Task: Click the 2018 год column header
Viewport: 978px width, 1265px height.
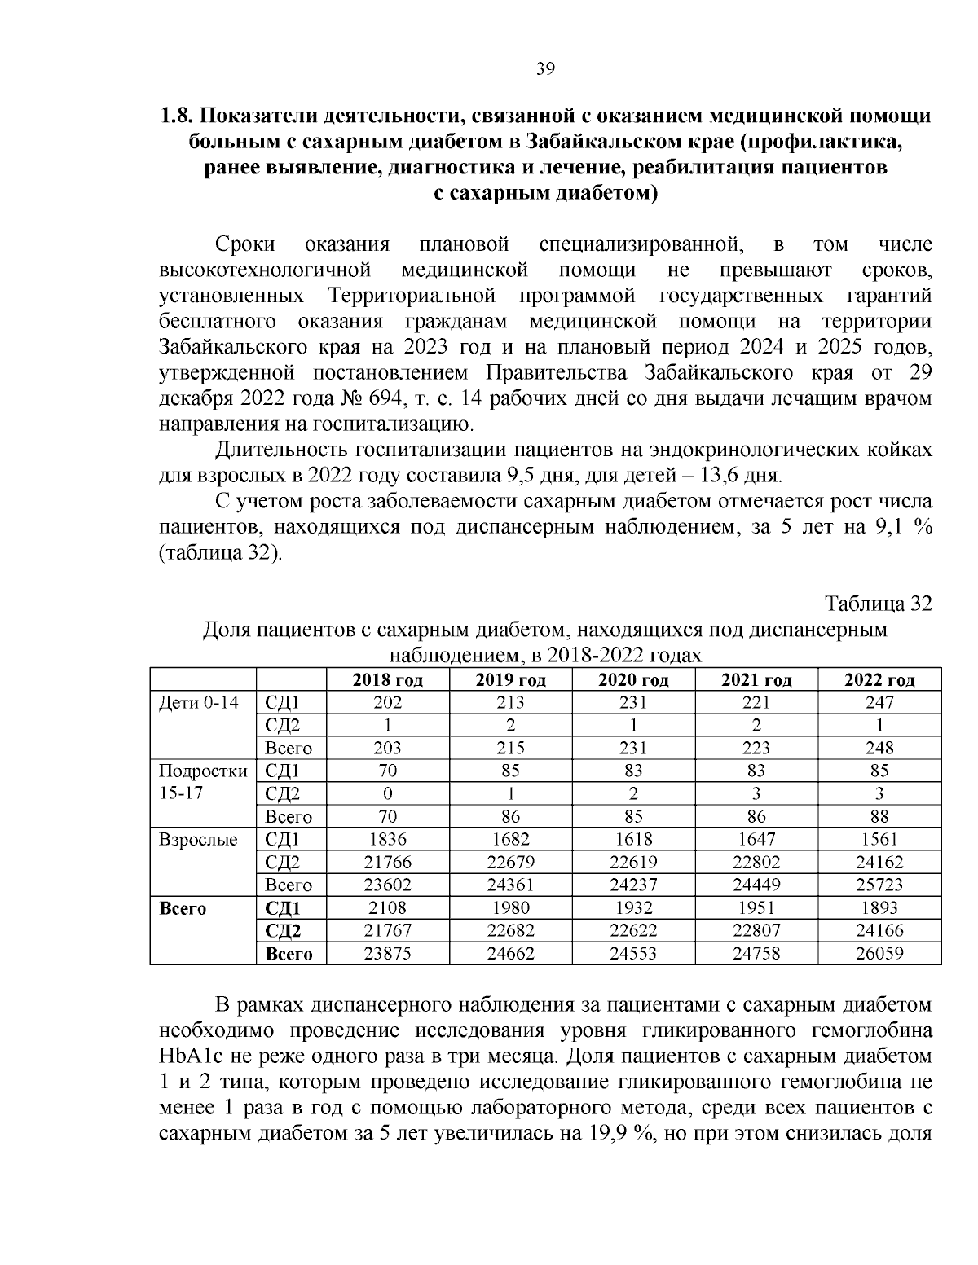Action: coord(387,680)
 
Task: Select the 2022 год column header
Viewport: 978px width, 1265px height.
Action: coord(879,680)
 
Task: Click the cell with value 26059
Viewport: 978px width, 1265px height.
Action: coord(879,954)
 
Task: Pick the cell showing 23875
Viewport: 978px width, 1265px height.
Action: coord(387,954)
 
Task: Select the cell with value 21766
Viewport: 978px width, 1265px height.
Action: coord(387,862)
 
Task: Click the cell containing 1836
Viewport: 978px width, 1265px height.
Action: coord(387,839)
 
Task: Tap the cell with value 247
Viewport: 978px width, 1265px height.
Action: coord(879,702)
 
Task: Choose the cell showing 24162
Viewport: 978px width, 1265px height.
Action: coord(879,862)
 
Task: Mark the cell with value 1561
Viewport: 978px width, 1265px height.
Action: coord(879,839)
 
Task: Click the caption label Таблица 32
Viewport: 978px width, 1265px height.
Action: coord(878,604)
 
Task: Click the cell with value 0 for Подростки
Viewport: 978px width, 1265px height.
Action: coord(387,793)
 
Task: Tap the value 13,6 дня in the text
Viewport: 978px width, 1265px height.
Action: coord(737,475)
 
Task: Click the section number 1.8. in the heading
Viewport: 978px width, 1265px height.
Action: coord(176,116)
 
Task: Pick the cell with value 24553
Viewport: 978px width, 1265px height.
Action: coord(633,954)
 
